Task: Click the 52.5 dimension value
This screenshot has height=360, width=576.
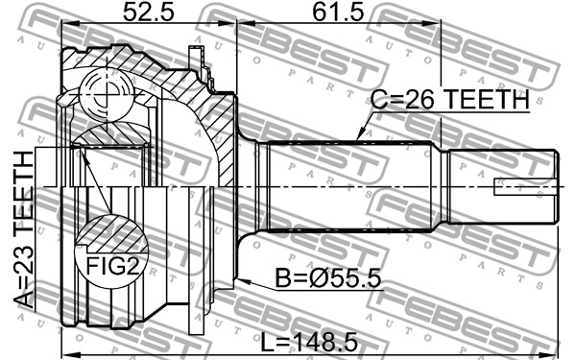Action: tap(148, 12)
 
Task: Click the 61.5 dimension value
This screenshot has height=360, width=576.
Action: tap(338, 12)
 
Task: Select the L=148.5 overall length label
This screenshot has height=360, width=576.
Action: tap(309, 343)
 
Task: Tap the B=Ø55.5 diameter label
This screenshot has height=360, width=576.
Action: tap(328, 278)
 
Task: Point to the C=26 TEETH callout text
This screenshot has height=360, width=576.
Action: tap(450, 99)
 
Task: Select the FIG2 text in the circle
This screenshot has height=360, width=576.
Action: tap(112, 266)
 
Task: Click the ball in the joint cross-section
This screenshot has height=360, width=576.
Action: tap(107, 95)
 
